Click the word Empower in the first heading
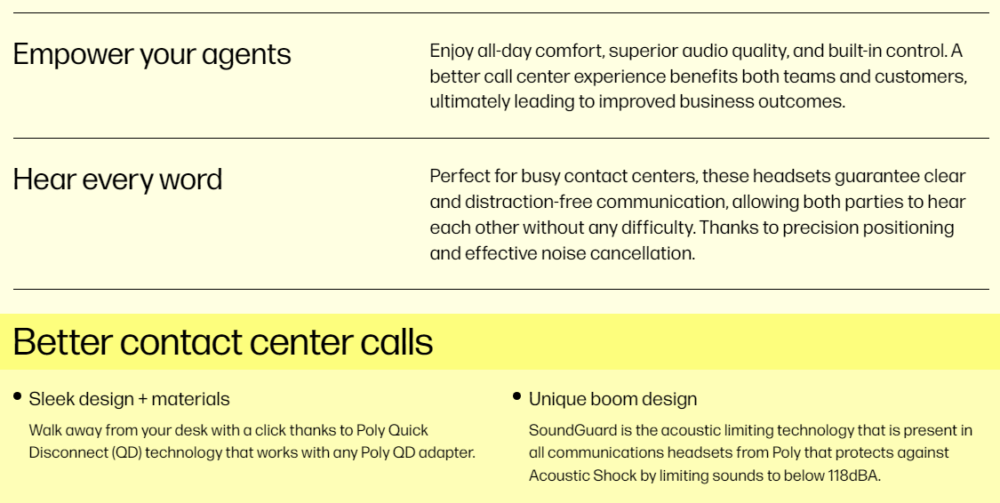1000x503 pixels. (x=74, y=55)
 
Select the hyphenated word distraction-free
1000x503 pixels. (x=528, y=202)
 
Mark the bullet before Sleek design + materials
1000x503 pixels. (x=17, y=396)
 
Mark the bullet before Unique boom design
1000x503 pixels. (x=516, y=396)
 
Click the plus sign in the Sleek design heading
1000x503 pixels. (x=142, y=400)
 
